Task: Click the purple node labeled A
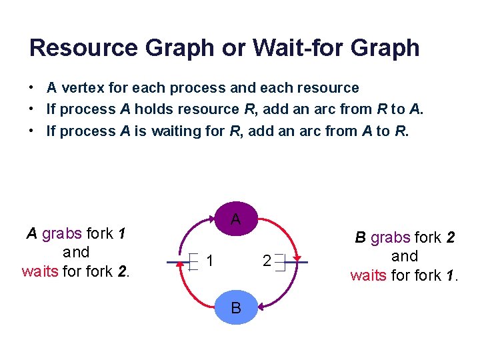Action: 235,218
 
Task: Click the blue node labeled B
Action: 235,307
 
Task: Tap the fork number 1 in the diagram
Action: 209,261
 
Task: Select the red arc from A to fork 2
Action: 286,230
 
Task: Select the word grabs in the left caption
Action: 62,233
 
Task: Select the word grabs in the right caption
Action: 391,237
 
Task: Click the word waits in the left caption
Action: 40,271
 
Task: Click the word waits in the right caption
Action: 369,275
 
